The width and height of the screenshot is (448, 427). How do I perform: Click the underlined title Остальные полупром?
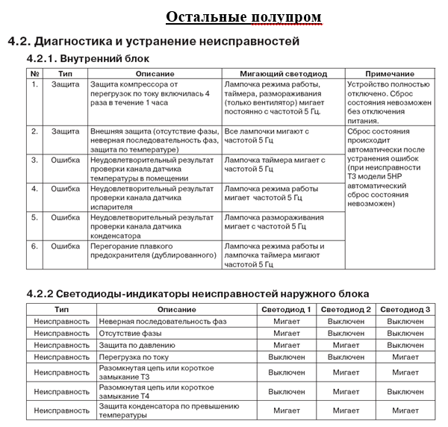(243, 16)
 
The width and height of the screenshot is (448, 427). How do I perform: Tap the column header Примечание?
(391, 74)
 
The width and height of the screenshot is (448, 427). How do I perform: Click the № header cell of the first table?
(34, 74)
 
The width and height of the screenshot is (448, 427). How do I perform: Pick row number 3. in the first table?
(34, 160)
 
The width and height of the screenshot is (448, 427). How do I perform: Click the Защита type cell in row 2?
(65, 131)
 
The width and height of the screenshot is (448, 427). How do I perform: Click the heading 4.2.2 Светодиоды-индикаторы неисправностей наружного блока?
(197, 293)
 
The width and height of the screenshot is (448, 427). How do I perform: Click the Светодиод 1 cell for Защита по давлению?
(287, 345)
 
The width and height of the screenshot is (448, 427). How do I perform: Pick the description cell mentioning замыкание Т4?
(143, 391)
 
